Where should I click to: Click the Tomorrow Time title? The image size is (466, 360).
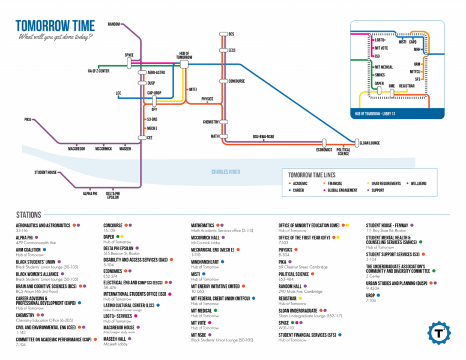[55, 25]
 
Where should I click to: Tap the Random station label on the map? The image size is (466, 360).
[114, 24]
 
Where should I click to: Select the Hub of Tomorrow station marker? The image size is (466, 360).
[184, 63]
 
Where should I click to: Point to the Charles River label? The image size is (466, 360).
[225, 172]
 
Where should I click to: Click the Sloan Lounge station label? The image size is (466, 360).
[369, 143]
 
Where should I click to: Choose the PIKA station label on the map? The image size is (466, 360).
[28, 120]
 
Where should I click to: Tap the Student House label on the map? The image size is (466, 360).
[45, 172]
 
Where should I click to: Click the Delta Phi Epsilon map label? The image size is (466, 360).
[113, 196]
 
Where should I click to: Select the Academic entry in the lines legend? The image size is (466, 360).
[300, 183]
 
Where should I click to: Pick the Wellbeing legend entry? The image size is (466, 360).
[418, 183]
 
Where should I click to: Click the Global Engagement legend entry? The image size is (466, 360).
[342, 190]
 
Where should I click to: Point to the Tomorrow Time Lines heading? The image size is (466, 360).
[312, 175]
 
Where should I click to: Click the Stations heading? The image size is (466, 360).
[29, 215]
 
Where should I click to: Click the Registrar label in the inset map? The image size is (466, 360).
[407, 86]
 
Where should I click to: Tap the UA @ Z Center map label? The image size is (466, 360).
[98, 71]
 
